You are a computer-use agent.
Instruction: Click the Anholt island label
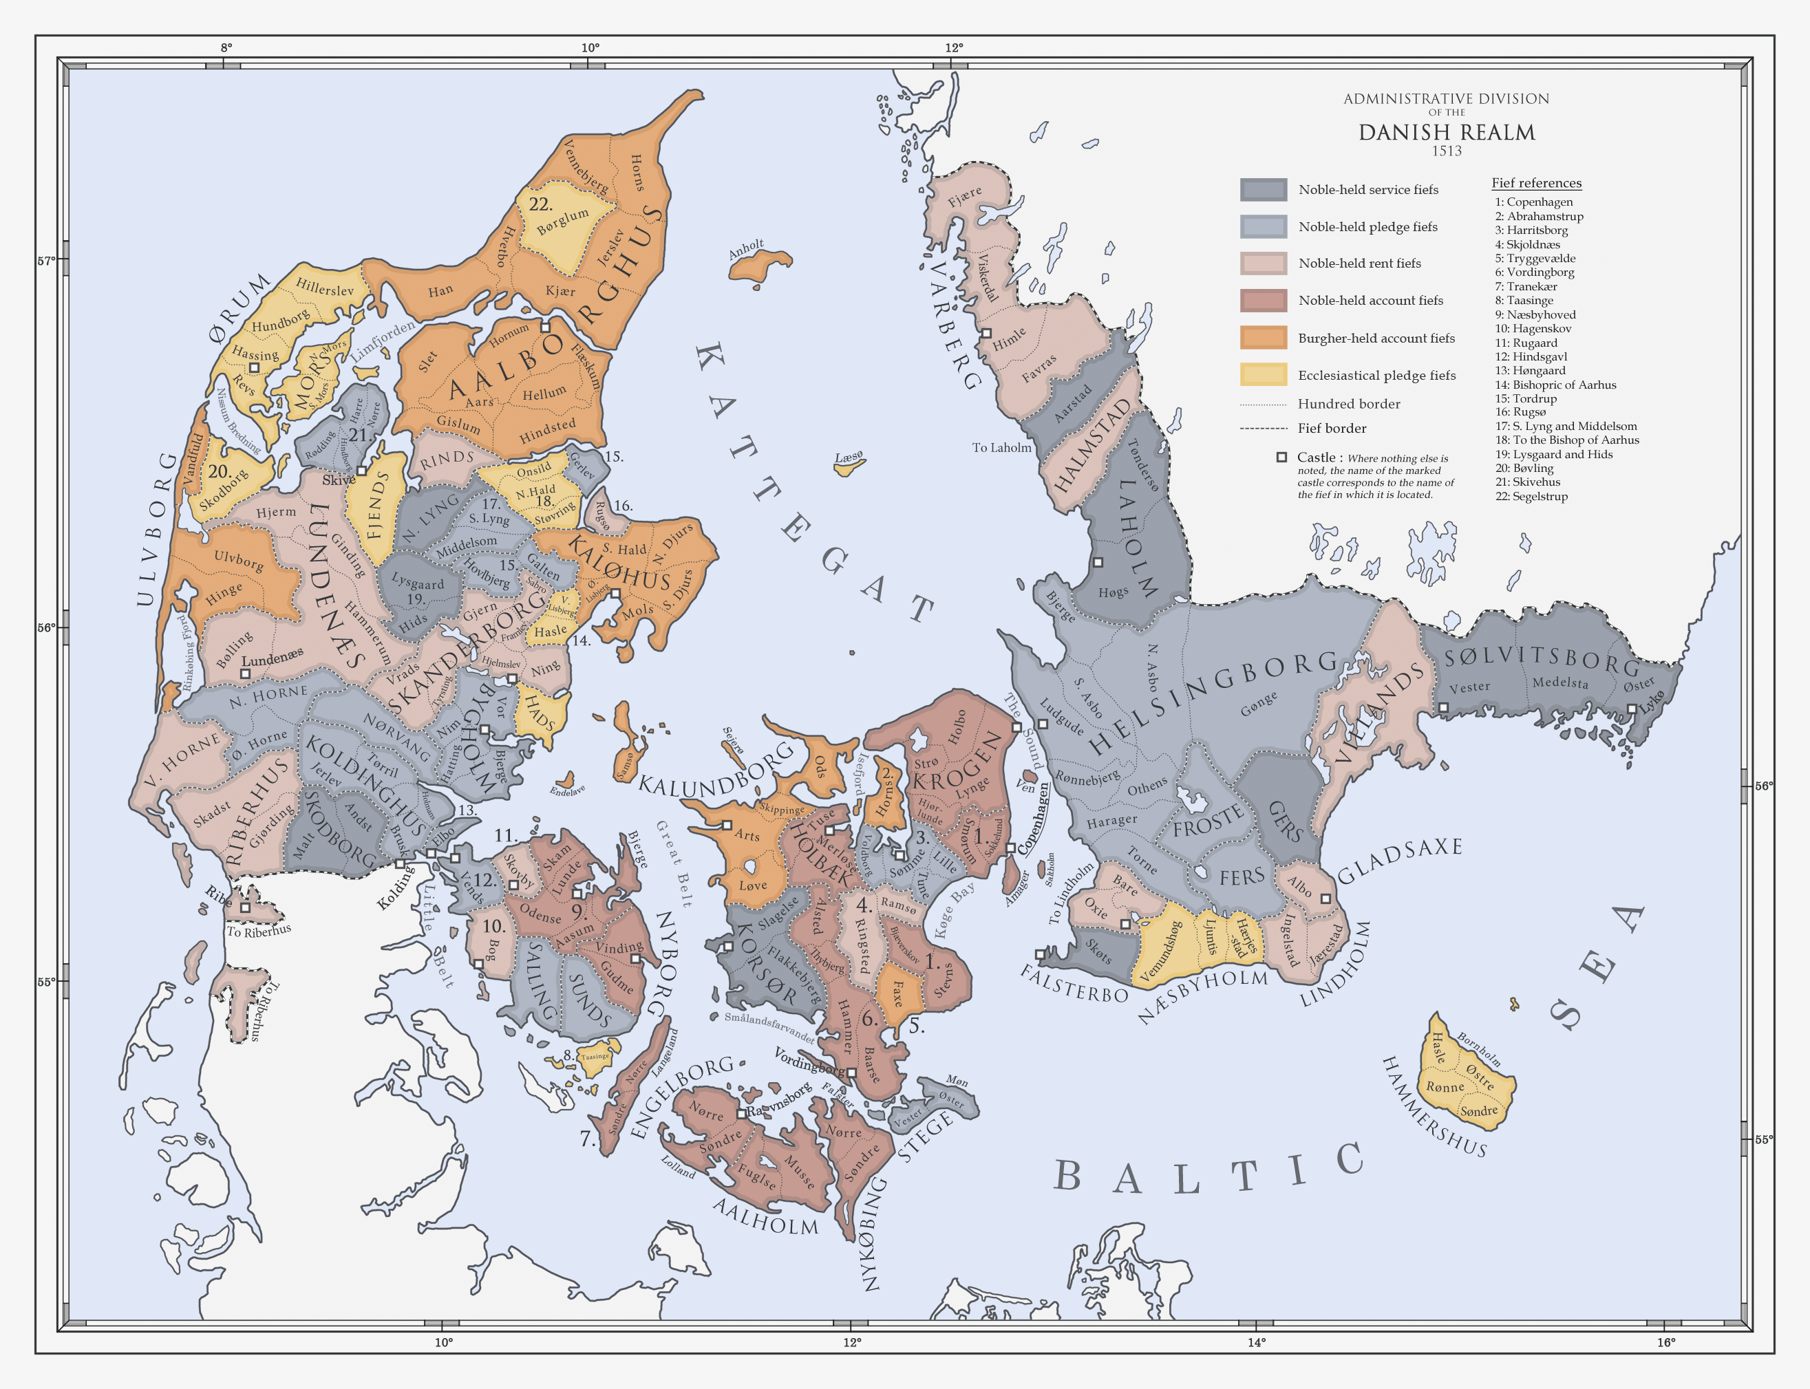pos(746,249)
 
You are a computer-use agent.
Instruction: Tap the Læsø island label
pos(849,457)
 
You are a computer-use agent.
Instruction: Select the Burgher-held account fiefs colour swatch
pos(1263,337)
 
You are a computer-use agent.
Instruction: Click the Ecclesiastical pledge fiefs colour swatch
pos(1263,374)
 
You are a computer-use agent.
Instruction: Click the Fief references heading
pos(1535,184)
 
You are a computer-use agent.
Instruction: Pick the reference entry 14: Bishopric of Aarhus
pos(1555,385)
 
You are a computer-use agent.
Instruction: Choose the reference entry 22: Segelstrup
pos(1531,496)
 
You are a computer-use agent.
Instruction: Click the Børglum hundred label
pos(562,221)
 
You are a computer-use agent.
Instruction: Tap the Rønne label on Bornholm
pos(1445,1087)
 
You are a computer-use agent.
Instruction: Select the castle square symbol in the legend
pos(1281,457)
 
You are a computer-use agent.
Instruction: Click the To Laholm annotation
pos(1001,448)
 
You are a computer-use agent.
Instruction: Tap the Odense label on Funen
pos(540,914)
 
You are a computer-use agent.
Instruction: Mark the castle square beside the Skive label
pos(361,471)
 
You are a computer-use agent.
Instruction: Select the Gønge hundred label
pos(1259,704)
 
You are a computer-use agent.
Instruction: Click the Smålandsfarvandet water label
pos(769,1026)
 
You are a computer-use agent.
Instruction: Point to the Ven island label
pos(1025,786)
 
